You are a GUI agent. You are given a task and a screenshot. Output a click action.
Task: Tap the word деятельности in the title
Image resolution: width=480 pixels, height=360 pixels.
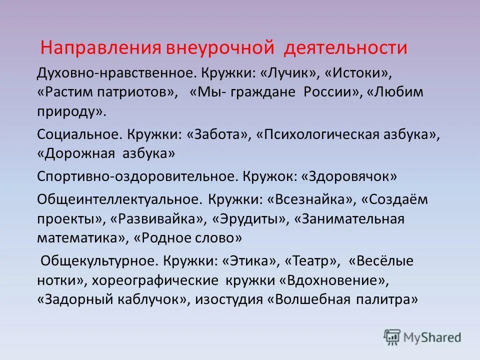[346, 48]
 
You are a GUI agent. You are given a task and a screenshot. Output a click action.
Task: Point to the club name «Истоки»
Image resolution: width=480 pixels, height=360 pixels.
[357, 74]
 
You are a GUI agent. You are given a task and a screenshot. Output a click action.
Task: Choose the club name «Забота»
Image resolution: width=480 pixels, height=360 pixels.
[218, 134]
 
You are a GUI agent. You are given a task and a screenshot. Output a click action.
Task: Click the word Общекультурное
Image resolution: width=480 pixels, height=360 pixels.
[97, 261]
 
